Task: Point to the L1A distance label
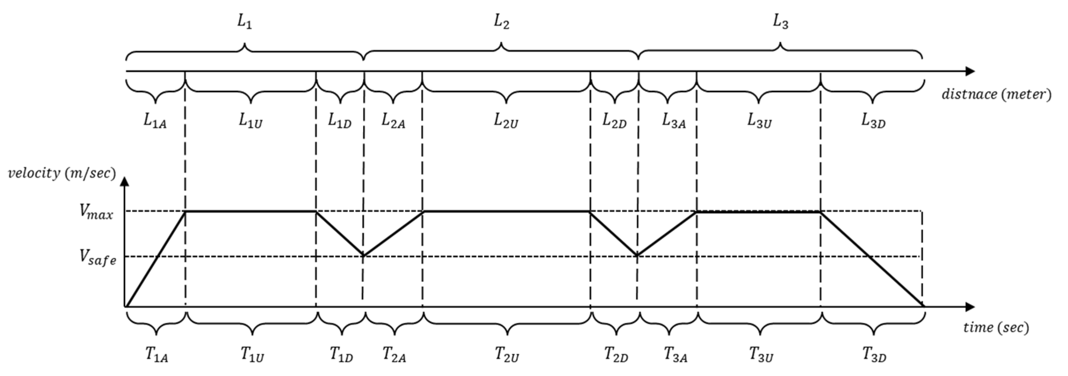tap(155, 121)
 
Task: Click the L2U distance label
tap(506, 121)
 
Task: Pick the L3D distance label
tap(873, 121)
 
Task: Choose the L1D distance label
tap(340, 121)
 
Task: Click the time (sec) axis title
tap(996, 327)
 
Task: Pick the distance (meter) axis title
tap(996, 94)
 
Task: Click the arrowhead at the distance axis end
tap(970, 71)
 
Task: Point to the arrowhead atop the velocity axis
tap(125, 182)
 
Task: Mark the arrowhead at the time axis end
tap(970, 307)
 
